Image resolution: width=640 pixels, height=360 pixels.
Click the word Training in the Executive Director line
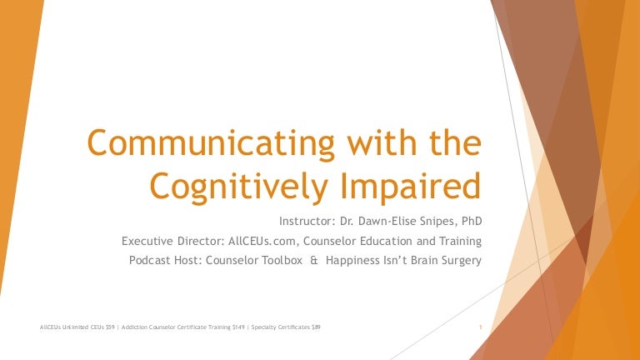pos(459,241)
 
